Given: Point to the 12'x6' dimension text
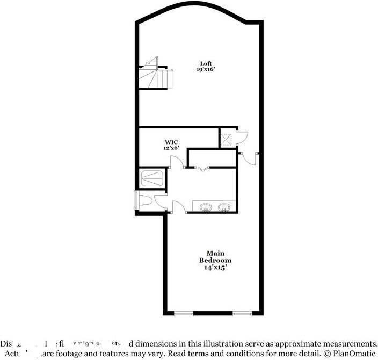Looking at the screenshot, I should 171,147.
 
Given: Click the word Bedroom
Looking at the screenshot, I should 215,260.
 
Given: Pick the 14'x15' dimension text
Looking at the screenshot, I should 215,267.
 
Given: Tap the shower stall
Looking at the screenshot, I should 152,178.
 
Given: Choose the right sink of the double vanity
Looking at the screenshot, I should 224,207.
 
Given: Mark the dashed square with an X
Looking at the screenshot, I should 227,139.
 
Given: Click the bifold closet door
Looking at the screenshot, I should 202,169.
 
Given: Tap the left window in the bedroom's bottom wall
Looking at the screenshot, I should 183,313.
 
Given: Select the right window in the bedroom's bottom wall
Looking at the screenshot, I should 241,313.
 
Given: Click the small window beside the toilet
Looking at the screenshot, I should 135,200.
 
